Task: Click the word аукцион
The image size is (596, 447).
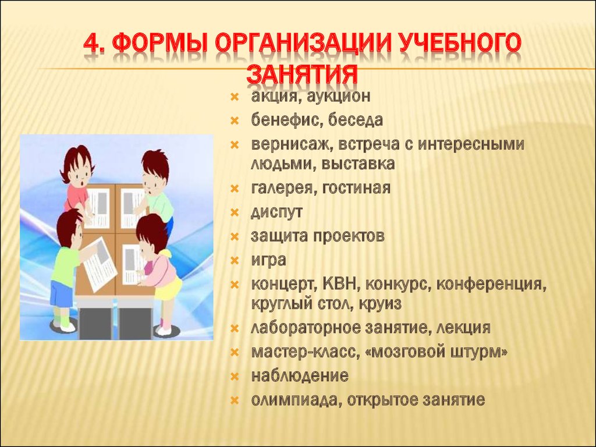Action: [338, 96]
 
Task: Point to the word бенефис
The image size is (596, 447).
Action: [286, 120]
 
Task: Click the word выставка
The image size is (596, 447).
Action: [358, 164]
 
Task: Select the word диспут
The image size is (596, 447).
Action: [276, 212]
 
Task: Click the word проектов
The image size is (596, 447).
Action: [349, 236]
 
